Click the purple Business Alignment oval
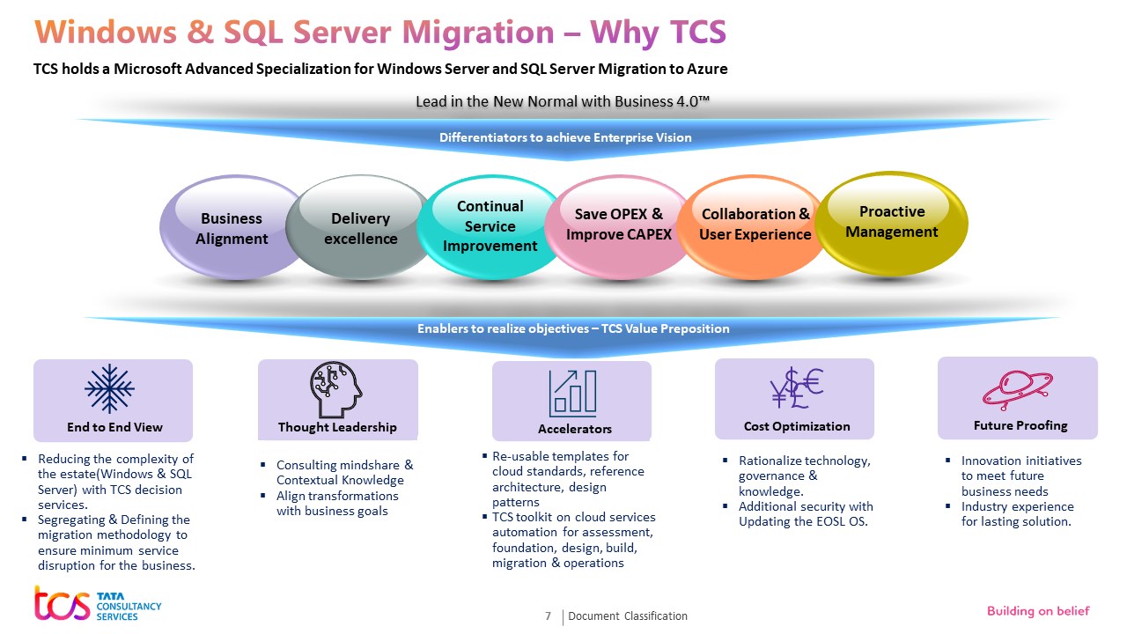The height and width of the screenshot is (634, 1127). (231, 228)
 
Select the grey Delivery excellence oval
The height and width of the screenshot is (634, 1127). (359, 228)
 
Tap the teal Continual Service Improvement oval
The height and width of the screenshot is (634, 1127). (490, 226)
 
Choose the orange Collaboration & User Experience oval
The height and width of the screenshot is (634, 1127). (755, 225)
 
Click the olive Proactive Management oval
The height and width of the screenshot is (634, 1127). (891, 222)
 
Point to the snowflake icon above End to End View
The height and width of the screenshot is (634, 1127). (109, 388)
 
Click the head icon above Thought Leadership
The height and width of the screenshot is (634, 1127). (335, 389)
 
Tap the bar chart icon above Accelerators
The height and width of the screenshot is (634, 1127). (572, 392)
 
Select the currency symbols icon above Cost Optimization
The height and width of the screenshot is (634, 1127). (796, 387)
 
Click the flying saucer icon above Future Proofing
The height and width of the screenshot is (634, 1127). (1018, 387)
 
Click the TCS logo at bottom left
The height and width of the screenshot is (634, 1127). (97, 603)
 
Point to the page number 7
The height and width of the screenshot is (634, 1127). (548, 616)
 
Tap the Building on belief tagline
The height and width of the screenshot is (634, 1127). (1037, 611)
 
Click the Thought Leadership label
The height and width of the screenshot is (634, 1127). (337, 427)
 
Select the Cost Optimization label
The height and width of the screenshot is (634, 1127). (797, 426)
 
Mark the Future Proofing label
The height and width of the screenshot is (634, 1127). (1020, 425)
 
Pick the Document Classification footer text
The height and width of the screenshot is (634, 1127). (628, 616)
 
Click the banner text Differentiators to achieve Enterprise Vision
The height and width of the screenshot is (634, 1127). (565, 137)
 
